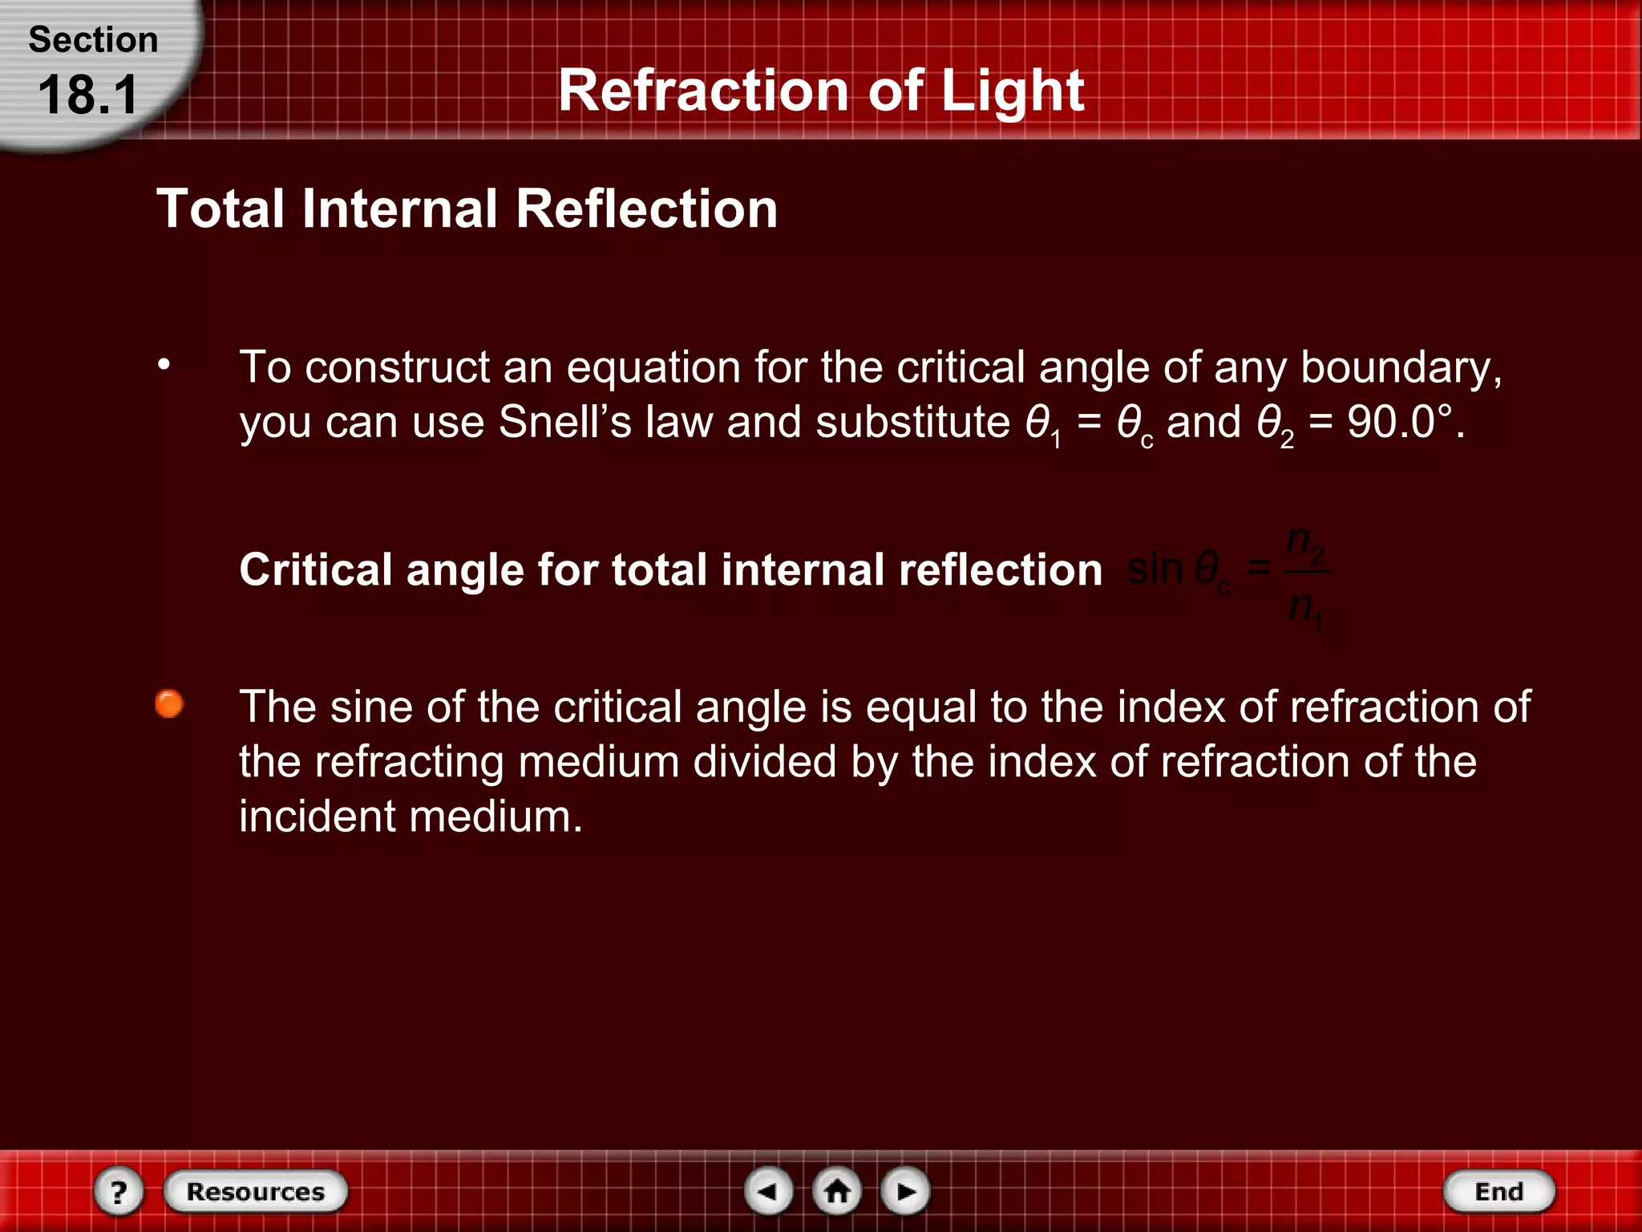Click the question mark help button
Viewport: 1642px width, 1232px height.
pos(119,1191)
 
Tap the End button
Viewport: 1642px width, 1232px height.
pos(1498,1191)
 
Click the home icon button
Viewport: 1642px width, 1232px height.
pos(837,1191)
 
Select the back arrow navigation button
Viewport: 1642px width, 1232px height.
pos(768,1191)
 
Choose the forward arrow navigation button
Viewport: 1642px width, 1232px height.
pos(905,1191)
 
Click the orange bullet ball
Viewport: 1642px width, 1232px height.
pos(169,704)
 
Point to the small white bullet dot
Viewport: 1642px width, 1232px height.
pos(164,365)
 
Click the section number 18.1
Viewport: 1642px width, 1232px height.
pos(88,95)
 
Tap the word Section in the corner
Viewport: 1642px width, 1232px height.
pos(93,40)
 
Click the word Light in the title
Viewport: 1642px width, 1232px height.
pos(1012,91)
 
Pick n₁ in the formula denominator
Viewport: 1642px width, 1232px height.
pos(1305,609)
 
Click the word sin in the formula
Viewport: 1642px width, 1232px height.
pos(1155,569)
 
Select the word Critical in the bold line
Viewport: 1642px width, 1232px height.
pos(315,570)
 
